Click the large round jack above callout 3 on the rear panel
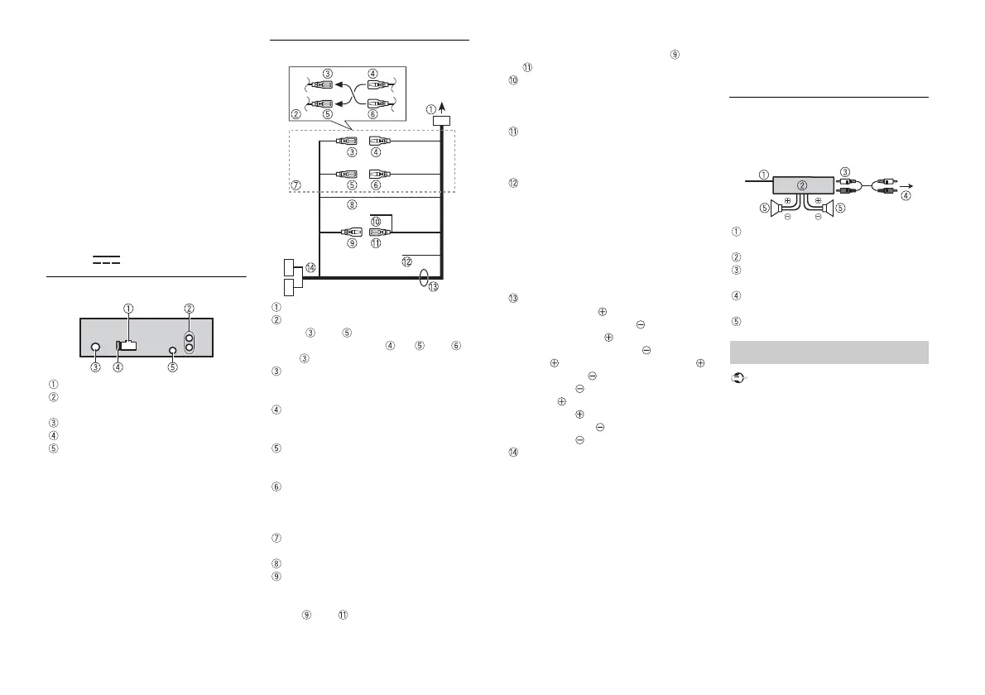click(96, 349)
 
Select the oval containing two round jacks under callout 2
click(190, 343)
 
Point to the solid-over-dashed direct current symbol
click(106, 260)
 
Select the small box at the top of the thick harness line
click(442, 121)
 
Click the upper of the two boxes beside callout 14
click(287, 268)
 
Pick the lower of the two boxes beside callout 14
click(287, 287)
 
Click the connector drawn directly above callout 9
click(352, 232)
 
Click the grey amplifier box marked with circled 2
click(802, 185)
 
